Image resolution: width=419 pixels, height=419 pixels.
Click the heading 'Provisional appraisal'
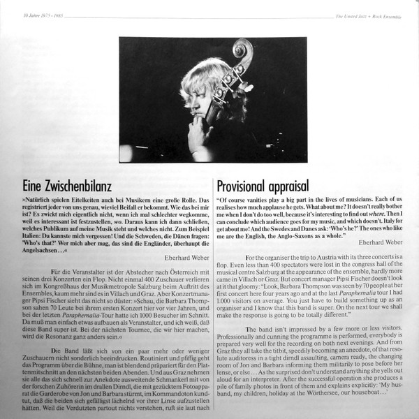[268, 187]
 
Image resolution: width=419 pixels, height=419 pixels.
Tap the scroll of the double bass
[242, 52]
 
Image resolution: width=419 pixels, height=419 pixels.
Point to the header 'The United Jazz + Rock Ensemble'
[375, 6]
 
